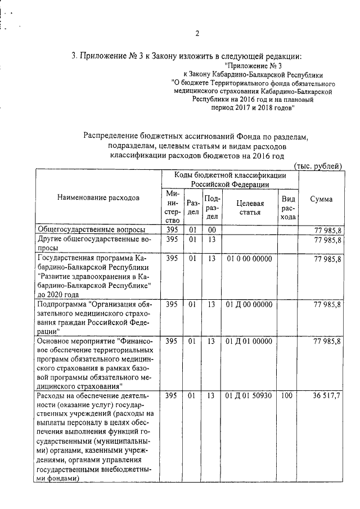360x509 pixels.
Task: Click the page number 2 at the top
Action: coord(197,33)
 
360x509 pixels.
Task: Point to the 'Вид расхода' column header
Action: coord(288,208)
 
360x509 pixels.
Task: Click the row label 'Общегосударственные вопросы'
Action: coord(91,230)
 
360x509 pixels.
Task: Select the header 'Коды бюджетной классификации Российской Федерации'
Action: coord(229,179)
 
